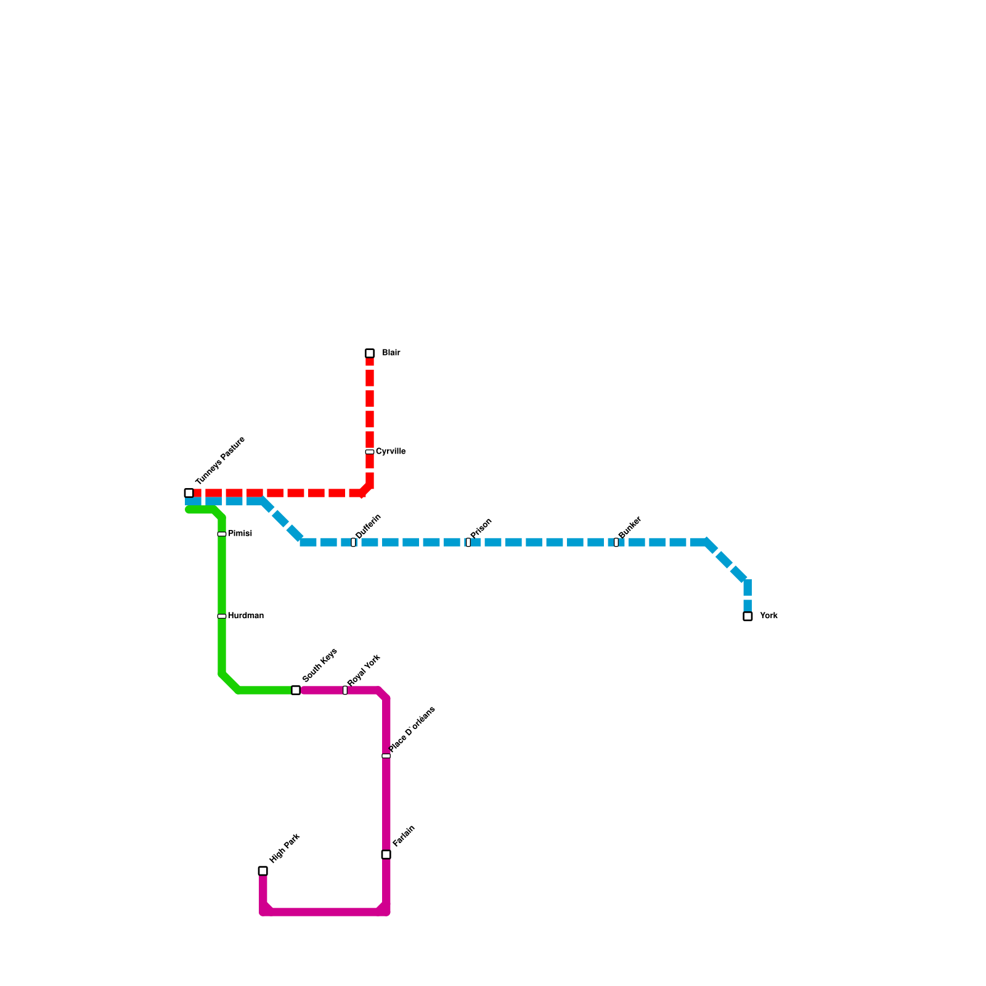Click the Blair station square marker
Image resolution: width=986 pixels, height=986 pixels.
pos(370,353)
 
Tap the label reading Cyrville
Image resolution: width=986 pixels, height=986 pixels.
pos(391,452)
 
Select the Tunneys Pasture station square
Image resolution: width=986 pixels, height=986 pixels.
pos(189,493)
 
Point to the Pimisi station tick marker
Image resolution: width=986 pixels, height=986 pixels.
pos(222,534)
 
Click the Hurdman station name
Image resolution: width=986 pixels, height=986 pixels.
pos(246,616)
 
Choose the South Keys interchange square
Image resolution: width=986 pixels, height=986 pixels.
pos(296,690)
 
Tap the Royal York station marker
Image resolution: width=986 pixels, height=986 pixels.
pos(345,690)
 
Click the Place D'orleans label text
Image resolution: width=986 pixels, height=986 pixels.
pos(412,729)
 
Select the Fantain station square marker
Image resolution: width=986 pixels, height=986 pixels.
pos(386,854)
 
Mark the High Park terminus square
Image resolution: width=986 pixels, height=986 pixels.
pos(263,871)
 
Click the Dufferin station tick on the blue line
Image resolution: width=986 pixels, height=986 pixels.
pos(353,542)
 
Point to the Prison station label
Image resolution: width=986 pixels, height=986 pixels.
pos(481,528)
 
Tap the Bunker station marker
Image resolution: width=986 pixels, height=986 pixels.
pos(616,542)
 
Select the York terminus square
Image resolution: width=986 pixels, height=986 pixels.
pos(748,616)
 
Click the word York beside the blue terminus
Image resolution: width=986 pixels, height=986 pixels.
pos(768,616)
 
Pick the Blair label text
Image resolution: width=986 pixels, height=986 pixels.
pos(391,353)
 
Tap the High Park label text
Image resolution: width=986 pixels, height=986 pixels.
pos(285,849)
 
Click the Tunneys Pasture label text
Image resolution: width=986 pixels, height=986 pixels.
pos(220,460)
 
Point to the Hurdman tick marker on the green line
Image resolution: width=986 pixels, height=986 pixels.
pos(222,616)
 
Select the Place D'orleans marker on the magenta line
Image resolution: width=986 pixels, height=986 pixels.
pos(386,756)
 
